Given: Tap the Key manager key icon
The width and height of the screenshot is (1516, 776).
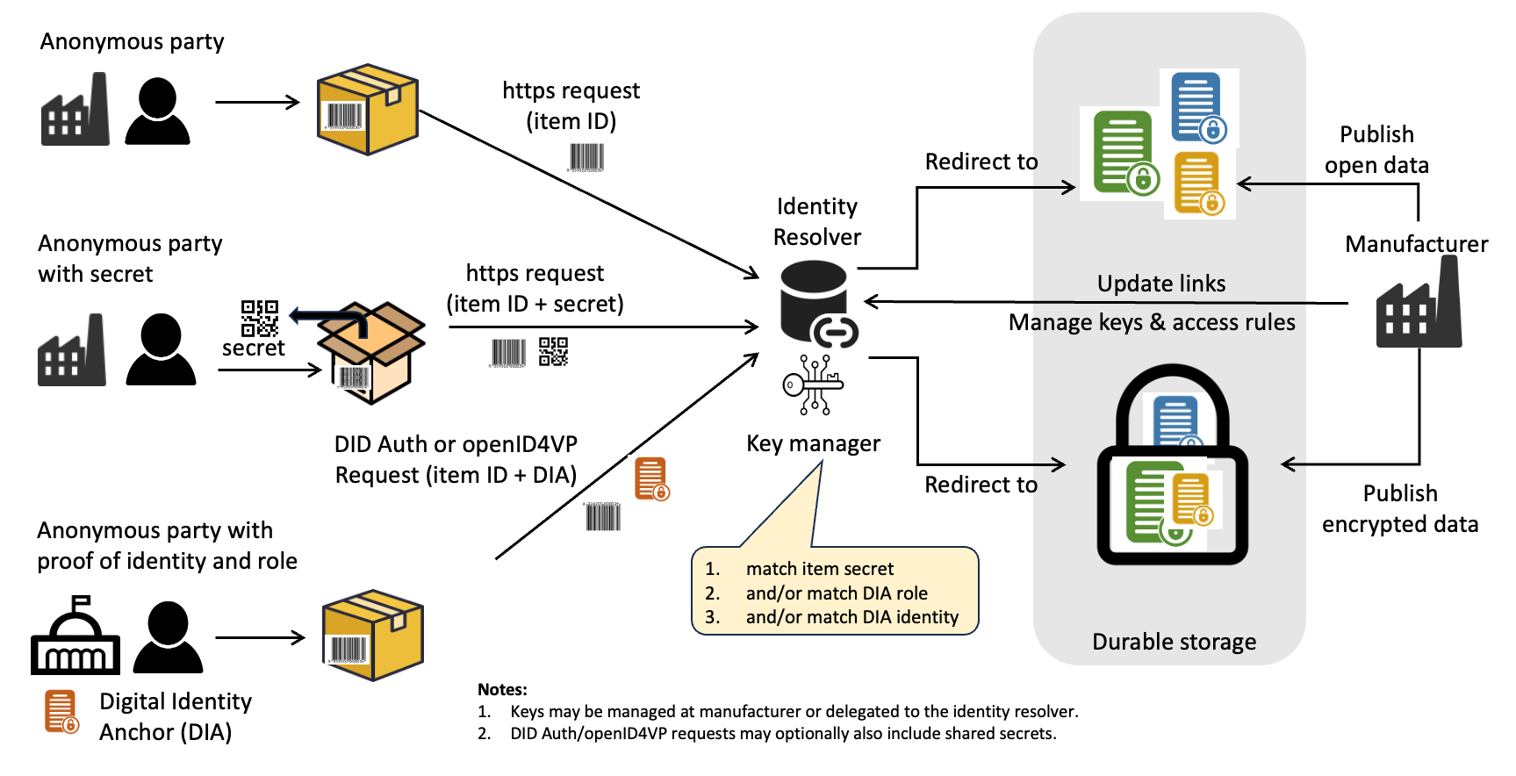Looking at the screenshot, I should [x=813, y=384].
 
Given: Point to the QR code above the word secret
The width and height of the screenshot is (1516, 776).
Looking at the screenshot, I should [x=260, y=319].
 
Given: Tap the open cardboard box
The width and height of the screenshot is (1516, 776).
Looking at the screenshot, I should [x=372, y=352].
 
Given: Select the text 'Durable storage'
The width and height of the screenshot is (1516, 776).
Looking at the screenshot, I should [x=1174, y=642].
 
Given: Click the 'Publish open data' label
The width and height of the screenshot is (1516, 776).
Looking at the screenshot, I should [x=1376, y=150].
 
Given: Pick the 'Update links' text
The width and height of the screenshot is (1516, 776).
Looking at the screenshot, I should [x=1161, y=284].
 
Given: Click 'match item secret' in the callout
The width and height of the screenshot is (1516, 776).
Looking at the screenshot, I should [x=819, y=569].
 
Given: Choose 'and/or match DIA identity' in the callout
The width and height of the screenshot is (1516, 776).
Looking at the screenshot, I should [x=851, y=617].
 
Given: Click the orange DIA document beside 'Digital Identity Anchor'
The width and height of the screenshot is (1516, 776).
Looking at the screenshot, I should [x=61, y=712].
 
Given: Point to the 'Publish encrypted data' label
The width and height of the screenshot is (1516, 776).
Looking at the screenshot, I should [x=1400, y=509].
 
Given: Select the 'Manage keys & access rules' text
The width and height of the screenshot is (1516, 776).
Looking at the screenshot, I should [x=1152, y=322].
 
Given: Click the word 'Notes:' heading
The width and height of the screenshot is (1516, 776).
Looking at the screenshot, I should [x=502, y=689].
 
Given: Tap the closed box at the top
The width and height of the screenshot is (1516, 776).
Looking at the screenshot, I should [x=368, y=109].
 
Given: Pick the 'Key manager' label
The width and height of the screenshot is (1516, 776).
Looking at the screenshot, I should [x=813, y=443].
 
